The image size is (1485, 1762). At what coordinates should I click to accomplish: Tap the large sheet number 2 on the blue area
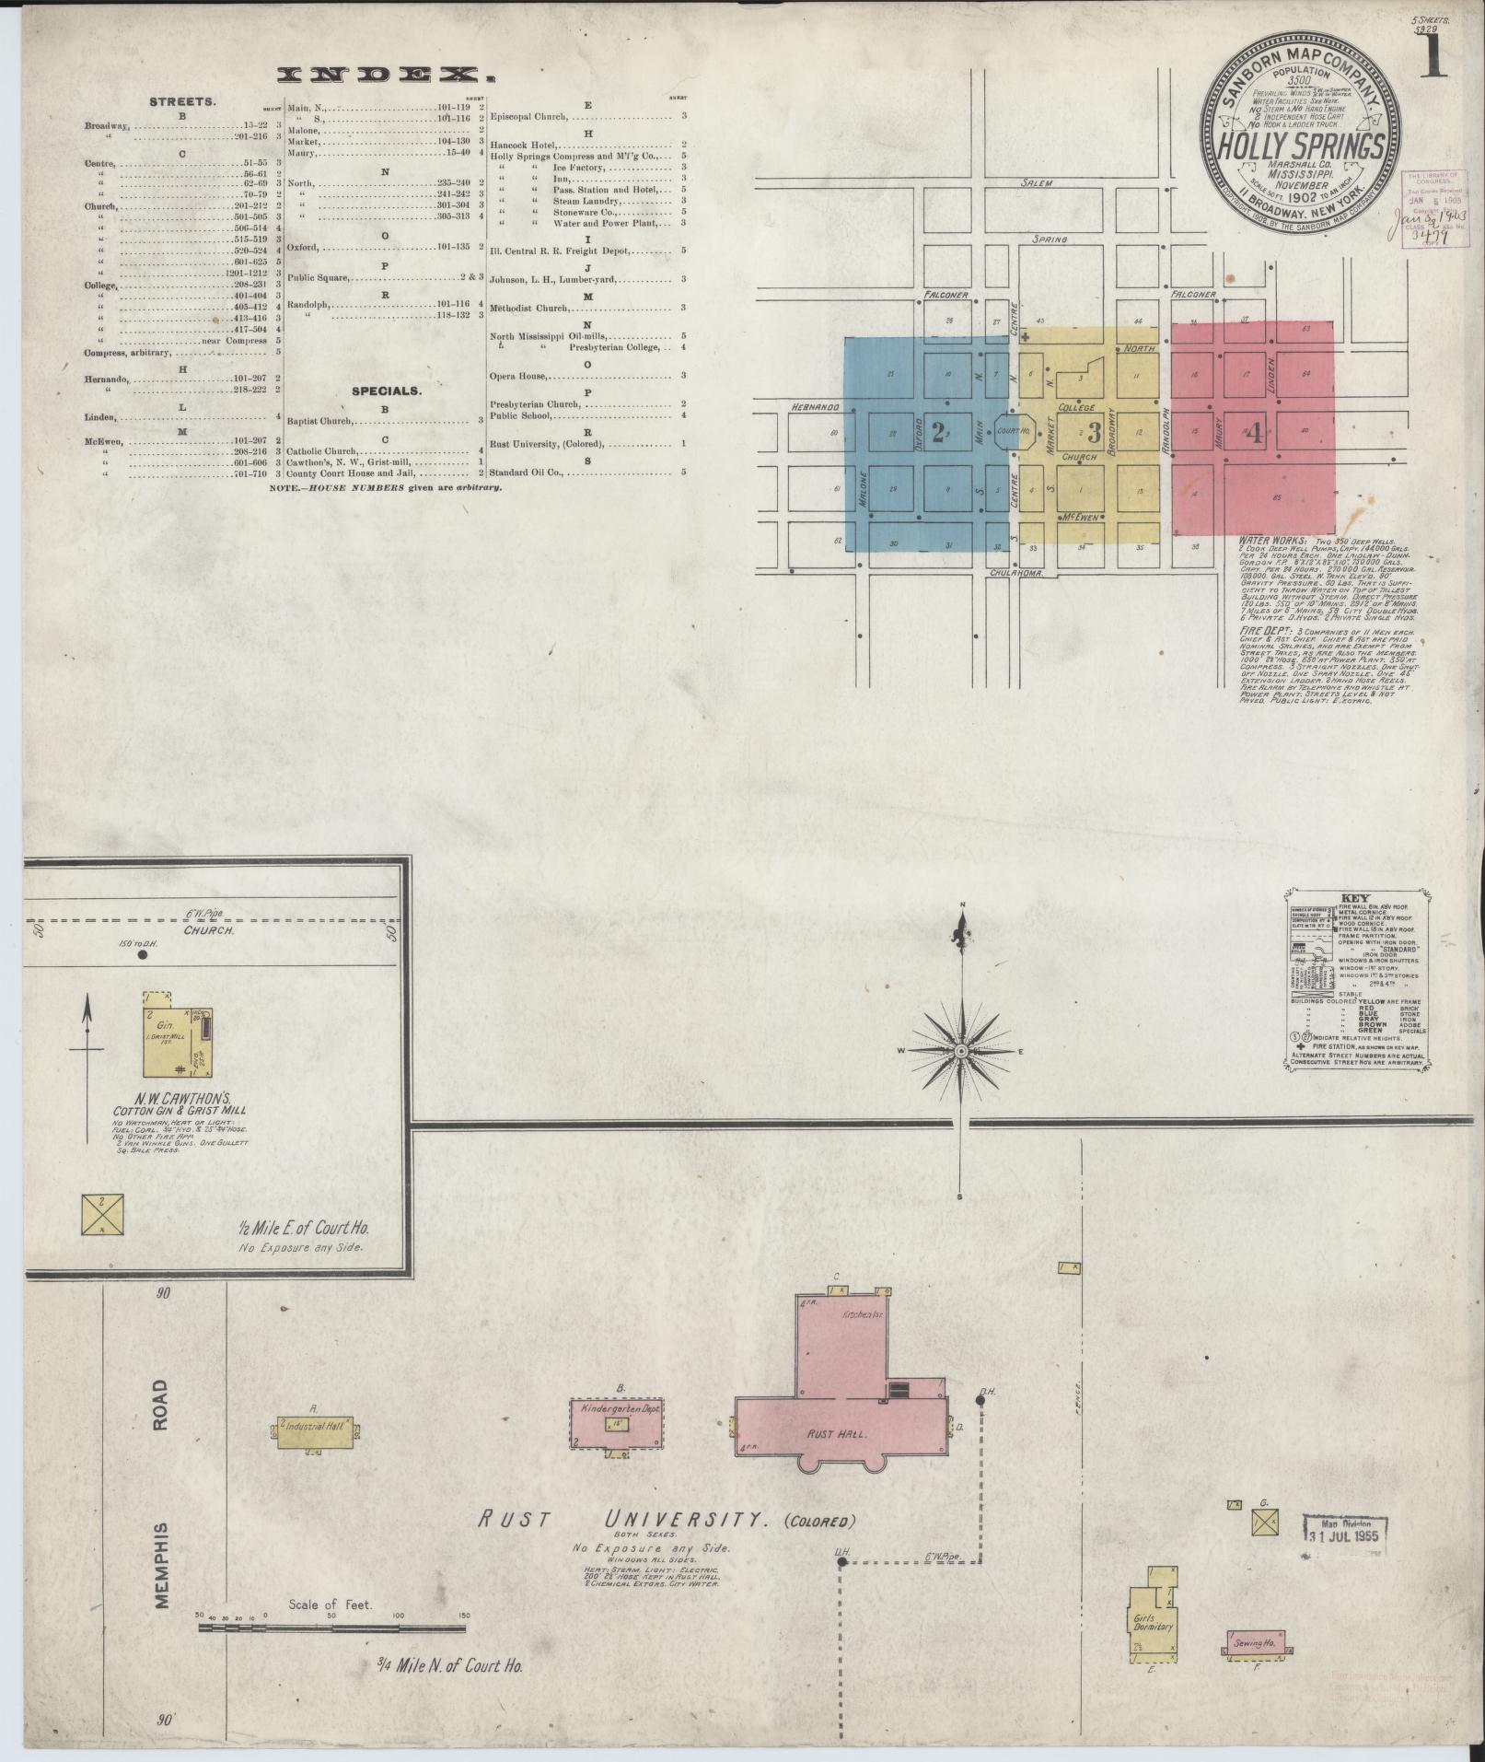tap(938, 432)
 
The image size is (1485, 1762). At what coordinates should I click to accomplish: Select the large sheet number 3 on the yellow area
tap(1095, 432)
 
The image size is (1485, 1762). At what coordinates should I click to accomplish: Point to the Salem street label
tap(1036, 183)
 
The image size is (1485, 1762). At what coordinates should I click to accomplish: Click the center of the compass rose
tap(961, 1051)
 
